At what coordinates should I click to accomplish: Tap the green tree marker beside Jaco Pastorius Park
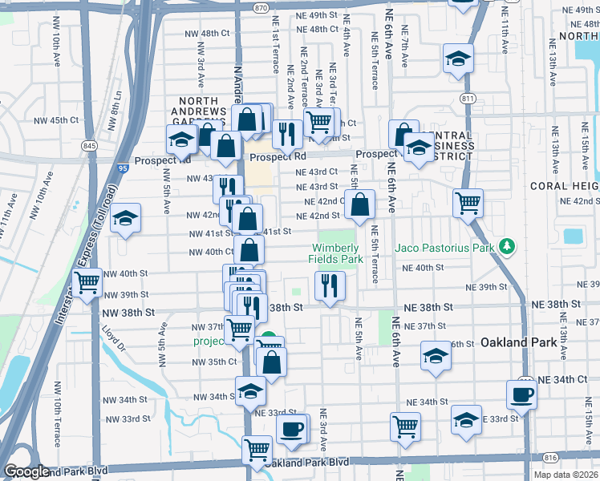click(505, 245)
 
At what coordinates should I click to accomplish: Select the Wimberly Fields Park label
click(337, 253)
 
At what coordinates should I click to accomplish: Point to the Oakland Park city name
click(518, 342)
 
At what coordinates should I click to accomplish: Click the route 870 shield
click(260, 7)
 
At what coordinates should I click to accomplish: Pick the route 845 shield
click(88, 146)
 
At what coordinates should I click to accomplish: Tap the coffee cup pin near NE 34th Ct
click(521, 394)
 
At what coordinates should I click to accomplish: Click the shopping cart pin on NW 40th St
click(87, 281)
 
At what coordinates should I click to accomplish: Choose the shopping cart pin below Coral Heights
click(468, 202)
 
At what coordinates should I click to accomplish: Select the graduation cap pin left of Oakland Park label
click(436, 356)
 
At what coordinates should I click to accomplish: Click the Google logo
click(26, 471)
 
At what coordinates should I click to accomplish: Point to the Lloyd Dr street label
click(114, 338)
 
